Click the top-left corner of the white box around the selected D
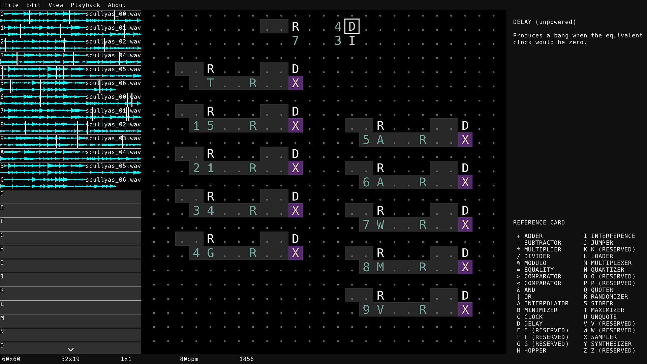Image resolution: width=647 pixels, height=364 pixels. [x=345, y=19]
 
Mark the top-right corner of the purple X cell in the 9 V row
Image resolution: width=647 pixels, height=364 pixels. [x=472, y=303]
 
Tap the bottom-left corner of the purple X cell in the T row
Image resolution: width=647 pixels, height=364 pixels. [x=288, y=90]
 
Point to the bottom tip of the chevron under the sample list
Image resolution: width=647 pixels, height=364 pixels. [x=71, y=351]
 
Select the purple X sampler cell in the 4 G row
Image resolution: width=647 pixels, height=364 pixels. [x=296, y=253]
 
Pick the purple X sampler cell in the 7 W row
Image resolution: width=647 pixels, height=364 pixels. [x=465, y=225]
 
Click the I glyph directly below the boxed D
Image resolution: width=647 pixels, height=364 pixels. [x=352, y=41]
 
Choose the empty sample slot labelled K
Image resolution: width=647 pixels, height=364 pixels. [x=71, y=294]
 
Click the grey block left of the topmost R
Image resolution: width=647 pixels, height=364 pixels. [x=274, y=26]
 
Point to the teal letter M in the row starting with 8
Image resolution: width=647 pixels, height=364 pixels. [x=380, y=267]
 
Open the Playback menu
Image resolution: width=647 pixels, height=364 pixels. [x=85, y=5]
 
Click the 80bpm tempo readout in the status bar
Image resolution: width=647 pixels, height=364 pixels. [x=189, y=359]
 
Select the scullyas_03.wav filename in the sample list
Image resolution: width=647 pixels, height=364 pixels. [x=113, y=138]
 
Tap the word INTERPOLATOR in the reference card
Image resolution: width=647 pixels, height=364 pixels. [x=546, y=303]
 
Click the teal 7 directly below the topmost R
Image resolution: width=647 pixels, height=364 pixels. [x=296, y=41]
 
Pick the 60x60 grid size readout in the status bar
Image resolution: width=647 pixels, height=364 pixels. [x=11, y=359]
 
